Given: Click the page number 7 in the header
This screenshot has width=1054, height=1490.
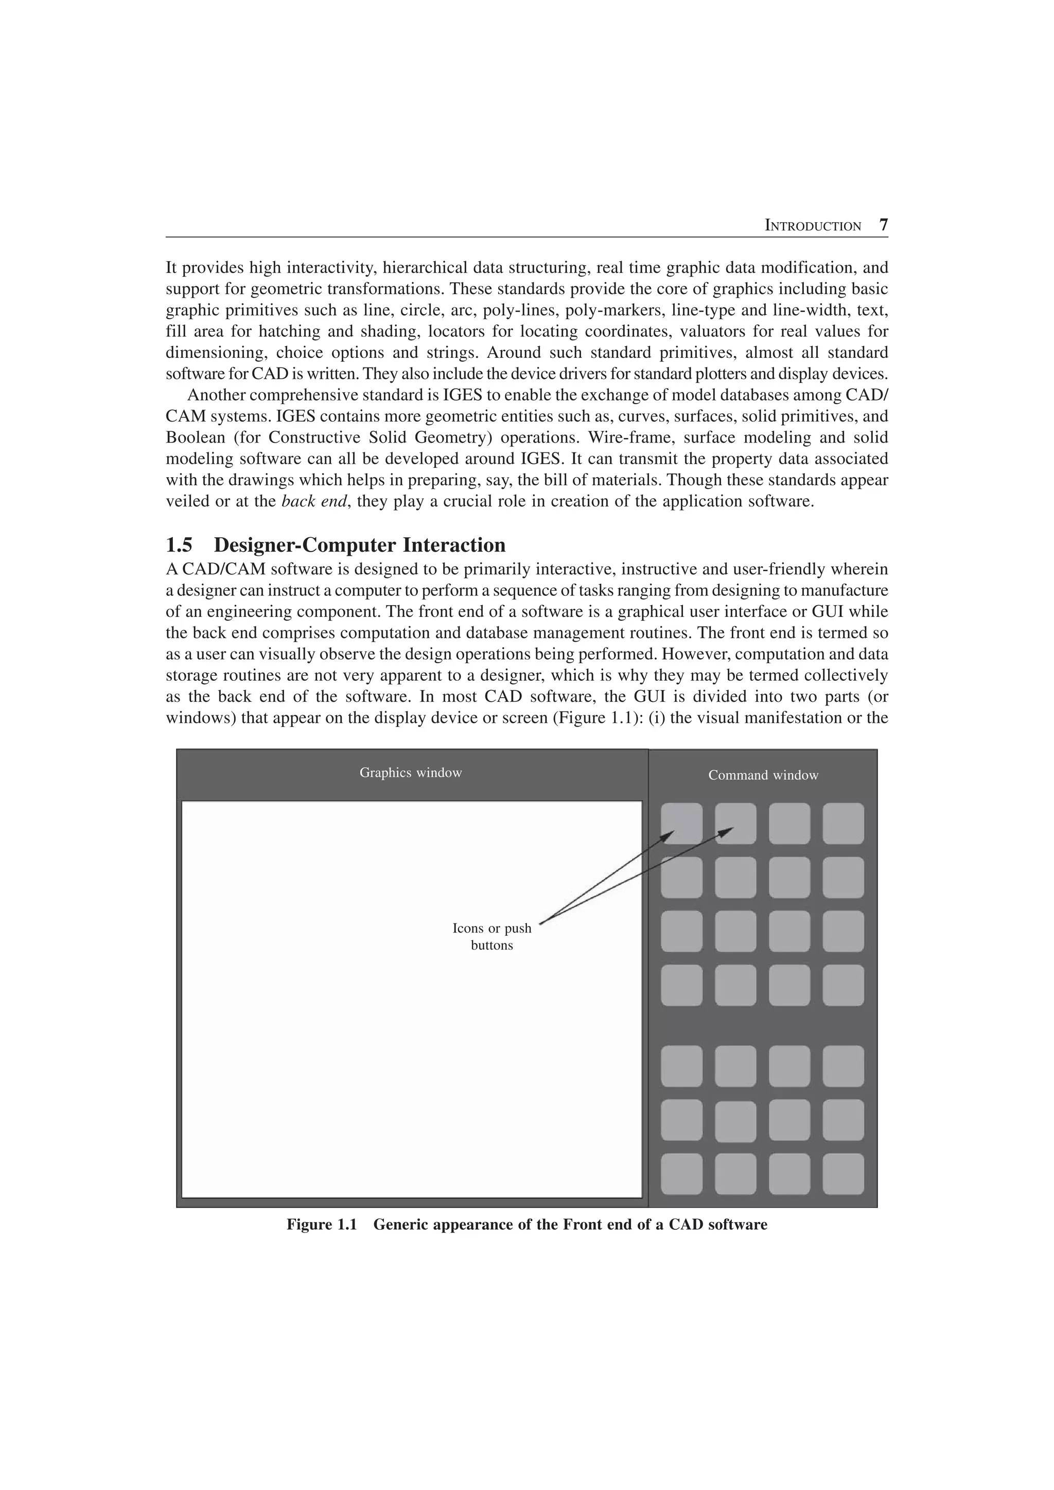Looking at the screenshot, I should point(883,225).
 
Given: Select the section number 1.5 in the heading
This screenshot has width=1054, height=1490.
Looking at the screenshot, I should point(179,544).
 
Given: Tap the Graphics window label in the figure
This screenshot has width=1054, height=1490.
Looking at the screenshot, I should point(410,772).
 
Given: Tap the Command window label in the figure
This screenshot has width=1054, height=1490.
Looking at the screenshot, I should point(763,775).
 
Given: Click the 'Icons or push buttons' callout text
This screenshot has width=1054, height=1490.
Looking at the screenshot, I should point(491,936).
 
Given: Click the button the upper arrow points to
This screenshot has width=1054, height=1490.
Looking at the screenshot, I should point(681,823).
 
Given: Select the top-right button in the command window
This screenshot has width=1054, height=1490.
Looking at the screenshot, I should point(843,823).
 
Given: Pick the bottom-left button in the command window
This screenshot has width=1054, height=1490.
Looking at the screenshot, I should point(681,1173).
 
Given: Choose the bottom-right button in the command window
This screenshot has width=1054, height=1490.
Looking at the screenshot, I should point(843,1173).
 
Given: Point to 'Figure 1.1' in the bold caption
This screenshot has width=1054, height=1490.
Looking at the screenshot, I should point(322,1225).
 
